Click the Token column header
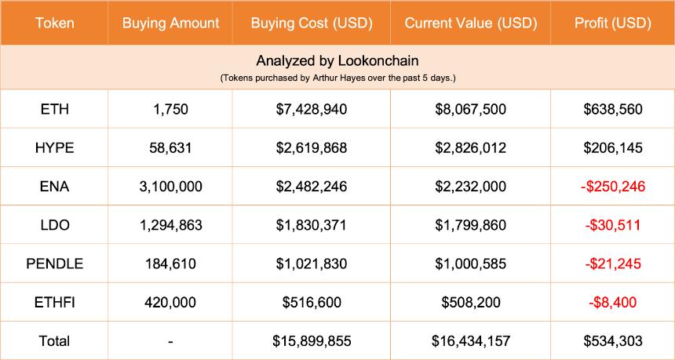click(54, 23)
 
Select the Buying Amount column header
click(170, 23)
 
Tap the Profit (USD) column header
click(612, 23)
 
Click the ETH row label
click(54, 109)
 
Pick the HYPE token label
click(54, 147)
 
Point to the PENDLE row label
click(54, 264)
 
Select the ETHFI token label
click(54, 302)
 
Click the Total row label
click(54, 340)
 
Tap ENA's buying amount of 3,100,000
click(170, 186)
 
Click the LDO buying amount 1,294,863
click(170, 225)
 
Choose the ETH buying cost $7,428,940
click(312, 109)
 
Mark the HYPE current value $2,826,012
click(470, 147)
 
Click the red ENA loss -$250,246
click(612, 186)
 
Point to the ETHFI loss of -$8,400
click(612, 302)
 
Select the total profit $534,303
click(612, 340)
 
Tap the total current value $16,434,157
click(470, 340)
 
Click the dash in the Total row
click(170, 340)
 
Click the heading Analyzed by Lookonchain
click(337, 60)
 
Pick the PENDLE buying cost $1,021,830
click(312, 264)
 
